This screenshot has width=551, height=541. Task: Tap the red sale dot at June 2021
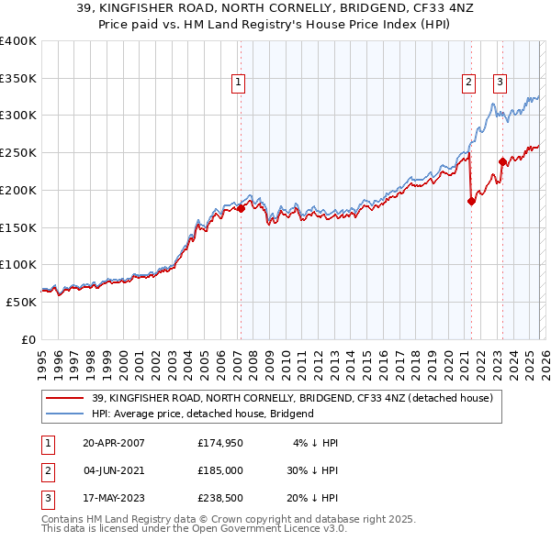[471, 202]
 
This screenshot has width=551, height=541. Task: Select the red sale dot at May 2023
[502, 162]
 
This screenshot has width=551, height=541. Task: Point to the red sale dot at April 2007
[241, 209]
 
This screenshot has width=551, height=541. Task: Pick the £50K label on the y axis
[22, 302]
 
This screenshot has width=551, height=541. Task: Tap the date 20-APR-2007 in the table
[113, 443]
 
